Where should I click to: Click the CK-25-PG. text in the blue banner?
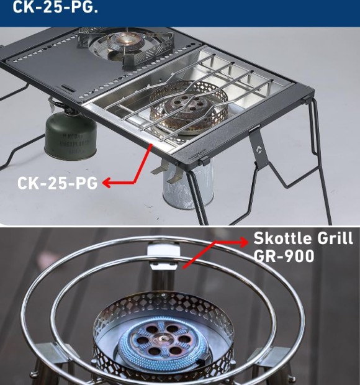pos(55,7)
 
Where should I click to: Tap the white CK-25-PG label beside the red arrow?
pos(58,183)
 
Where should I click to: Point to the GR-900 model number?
pos(284,256)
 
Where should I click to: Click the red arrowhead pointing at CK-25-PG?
pos(107,183)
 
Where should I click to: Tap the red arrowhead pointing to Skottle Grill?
pos(244,242)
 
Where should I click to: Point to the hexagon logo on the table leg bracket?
pos(259,148)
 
